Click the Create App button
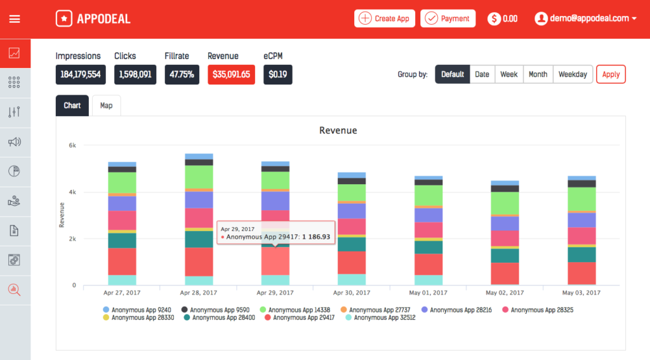click(385, 18)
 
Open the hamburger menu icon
click(15, 18)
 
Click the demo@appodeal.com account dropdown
click(586, 18)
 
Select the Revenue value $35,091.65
click(231, 74)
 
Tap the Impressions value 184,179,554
click(81, 74)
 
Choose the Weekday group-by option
click(572, 74)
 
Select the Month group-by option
click(538, 74)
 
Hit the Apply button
click(611, 74)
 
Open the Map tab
click(106, 105)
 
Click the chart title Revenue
click(338, 130)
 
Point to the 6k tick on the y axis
click(72, 145)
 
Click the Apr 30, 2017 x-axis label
click(352, 293)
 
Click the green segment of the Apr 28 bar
click(199, 177)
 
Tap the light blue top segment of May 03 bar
click(581, 178)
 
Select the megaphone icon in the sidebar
click(15, 142)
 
